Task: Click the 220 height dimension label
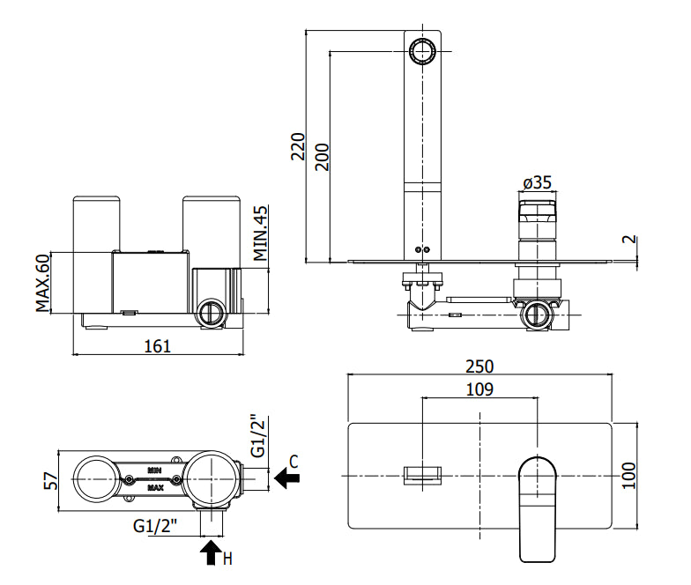(298, 146)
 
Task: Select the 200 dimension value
(323, 157)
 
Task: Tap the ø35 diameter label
(538, 182)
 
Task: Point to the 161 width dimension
(157, 346)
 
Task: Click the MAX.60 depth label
(42, 283)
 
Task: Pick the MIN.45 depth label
(260, 233)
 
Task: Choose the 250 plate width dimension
(479, 367)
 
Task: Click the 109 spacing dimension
(479, 389)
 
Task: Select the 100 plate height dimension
(629, 476)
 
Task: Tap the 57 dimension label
(51, 481)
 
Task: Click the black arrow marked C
(287, 478)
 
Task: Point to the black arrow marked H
(211, 553)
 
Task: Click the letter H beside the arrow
(227, 559)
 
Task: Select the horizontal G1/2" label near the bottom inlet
(155, 526)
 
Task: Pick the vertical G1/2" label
(257, 435)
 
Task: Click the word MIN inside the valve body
(154, 470)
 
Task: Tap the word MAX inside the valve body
(155, 488)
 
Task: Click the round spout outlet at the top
(422, 51)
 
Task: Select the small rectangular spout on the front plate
(423, 476)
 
